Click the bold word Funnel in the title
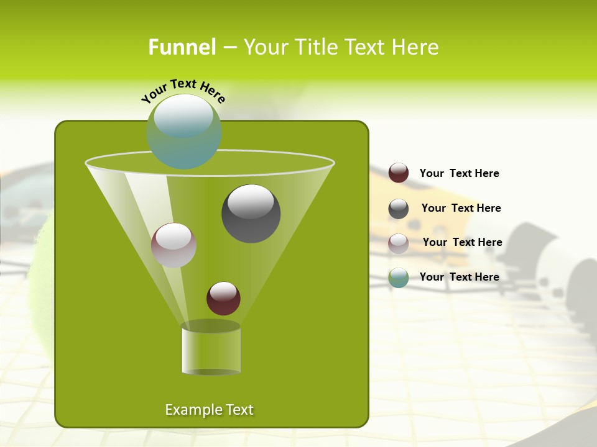click(x=182, y=47)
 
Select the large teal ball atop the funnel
click(x=183, y=132)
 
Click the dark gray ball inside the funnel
click(x=251, y=214)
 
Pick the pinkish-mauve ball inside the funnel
click(x=174, y=245)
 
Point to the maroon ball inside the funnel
click(x=224, y=299)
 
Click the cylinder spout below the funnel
click(x=211, y=349)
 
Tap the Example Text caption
click(x=210, y=410)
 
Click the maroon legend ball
click(x=399, y=173)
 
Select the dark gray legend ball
click(x=399, y=209)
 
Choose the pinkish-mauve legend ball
click(x=399, y=243)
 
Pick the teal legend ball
click(x=399, y=278)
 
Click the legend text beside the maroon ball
click(x=459, y=174)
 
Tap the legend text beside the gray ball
click(x=461, y=209)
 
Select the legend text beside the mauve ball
click(x=462, y=243)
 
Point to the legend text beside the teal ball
click(x=459, y=277)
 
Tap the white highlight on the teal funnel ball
click(x=183, y=115)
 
